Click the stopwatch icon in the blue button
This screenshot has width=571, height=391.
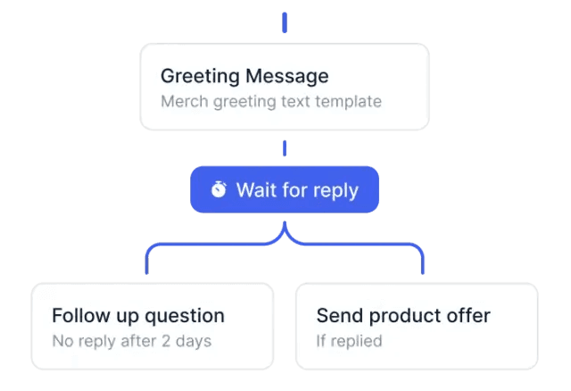point(219,189)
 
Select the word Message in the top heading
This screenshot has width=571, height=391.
point(287,76)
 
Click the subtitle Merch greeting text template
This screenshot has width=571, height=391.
point(271,102)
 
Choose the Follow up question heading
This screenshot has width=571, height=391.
point(138,316)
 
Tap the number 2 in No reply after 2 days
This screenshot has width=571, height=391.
point(166,341)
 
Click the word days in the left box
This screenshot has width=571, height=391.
point(194,341)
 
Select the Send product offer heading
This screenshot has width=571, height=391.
point(403,316)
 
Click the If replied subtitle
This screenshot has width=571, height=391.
point(349,341)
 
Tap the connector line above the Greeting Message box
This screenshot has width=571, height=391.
point(285,22)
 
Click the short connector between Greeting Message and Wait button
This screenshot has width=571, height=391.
point(285,148)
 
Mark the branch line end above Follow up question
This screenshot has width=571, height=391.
point(146,273)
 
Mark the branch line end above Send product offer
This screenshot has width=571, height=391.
point(423,273)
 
